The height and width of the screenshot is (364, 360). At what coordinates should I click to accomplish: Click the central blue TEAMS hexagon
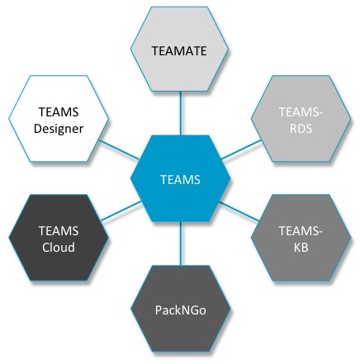click(180, 178)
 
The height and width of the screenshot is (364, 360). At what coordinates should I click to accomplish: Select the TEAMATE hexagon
click(179, 50)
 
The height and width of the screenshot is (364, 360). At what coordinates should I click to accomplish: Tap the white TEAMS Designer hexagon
click(59, 119)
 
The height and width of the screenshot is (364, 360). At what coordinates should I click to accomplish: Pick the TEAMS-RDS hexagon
click(301, 119)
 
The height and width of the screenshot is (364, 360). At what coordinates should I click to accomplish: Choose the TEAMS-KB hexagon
click(301, 238)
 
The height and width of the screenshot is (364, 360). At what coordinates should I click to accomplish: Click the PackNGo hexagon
click(180, 309)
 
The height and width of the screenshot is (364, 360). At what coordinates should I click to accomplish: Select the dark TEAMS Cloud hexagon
click(59, 238)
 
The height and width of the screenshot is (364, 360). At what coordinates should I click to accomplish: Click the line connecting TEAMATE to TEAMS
click(181, 113)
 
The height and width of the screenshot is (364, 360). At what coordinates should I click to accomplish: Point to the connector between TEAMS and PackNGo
click(181, 243)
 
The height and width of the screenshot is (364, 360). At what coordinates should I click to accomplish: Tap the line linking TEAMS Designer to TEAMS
click(119, 149)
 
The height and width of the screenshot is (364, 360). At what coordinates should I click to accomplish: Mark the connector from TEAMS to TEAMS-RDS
click(241, 149)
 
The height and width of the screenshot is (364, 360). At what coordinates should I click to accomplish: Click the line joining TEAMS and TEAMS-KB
click(239, 211)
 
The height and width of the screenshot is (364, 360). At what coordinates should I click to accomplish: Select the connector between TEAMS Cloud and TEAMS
click(121, 211)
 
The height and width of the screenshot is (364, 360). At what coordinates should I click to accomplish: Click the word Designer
click(59, 129)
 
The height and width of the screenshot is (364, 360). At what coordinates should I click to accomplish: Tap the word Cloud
click(59, 247)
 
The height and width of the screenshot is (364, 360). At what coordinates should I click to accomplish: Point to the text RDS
click(301, 129)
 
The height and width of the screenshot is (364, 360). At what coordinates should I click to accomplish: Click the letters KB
click(301, 248)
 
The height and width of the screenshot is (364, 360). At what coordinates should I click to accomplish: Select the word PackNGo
click(181, 310)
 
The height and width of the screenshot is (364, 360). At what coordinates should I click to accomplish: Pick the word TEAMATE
click(179, 51)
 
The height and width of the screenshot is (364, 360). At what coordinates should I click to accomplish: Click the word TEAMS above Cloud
click(59, 231)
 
